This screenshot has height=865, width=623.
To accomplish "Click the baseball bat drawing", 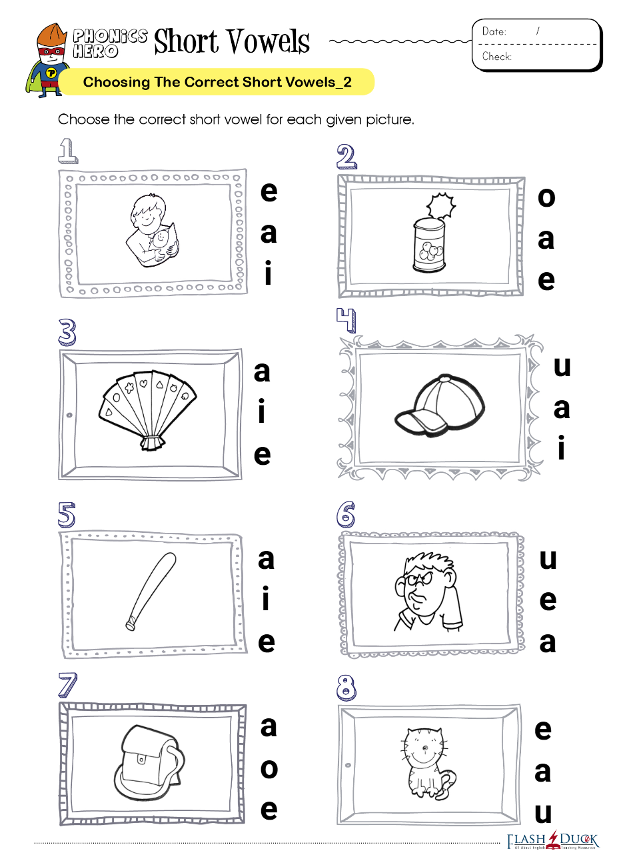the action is click(x=151, y=591).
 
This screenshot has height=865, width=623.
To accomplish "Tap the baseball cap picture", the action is click(x=440, y=405).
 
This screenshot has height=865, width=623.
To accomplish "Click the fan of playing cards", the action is click(x=148, y=410).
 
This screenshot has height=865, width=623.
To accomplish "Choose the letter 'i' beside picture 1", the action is click(x=269, y=273).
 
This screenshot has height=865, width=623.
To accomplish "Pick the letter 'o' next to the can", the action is click(x=546, y=197).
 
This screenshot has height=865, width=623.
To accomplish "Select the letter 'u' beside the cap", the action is click(x=562, y=366).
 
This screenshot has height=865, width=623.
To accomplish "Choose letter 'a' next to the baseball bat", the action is click(x=266, y=560).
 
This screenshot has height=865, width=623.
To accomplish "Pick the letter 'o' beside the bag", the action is click(x=269, y=769).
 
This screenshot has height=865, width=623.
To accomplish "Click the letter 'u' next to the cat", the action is click(x=543, y=812).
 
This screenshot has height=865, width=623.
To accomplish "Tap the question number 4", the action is click(x=346, y=320).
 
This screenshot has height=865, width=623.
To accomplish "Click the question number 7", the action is click(x=67, y=685).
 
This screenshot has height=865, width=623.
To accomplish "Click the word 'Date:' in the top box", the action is click(x=494, y=31).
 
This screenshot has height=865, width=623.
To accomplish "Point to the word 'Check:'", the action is click(x=497, y=57).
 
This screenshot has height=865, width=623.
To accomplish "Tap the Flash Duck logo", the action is click(x=553, y=840).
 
